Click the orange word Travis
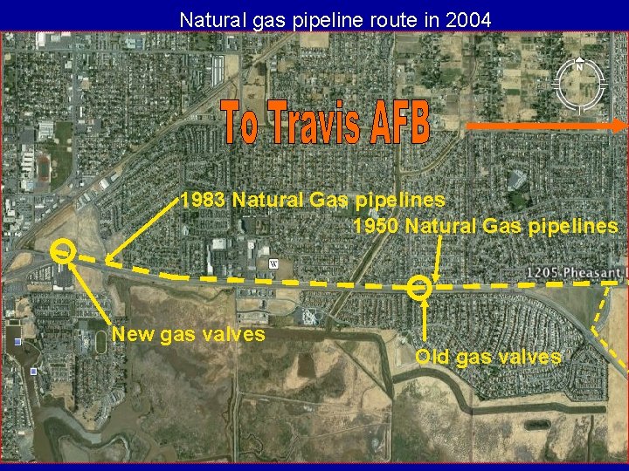(311, 125)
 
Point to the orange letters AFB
(399, 125)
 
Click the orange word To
(238, 125)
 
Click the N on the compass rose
(579, 66)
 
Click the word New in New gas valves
(133, 333)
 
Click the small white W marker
(273, 264)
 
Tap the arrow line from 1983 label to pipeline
(144, 230)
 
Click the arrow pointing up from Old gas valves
(425, 323)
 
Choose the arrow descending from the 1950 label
(436, 258)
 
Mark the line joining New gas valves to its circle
(88, 293)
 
